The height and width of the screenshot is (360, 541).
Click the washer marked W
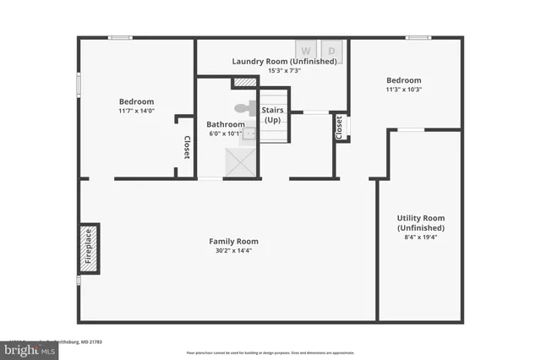306,51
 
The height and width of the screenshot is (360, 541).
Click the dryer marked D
331,51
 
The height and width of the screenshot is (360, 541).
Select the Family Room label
233,241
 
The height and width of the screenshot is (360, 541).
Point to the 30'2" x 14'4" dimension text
233,250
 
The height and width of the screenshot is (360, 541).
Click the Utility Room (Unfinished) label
420,223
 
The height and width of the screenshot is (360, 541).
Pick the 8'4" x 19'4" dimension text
420,237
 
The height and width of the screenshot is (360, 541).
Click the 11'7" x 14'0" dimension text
136,111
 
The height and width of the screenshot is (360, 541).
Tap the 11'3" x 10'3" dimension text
404,90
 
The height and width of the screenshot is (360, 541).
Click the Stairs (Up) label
272,115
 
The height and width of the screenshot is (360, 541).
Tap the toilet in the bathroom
244,108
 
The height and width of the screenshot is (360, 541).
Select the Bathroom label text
225,124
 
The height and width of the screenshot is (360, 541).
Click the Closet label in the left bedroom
187,148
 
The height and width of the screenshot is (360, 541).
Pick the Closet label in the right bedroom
340,128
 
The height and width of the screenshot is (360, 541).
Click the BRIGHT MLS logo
29,349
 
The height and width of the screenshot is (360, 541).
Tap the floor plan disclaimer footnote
270,352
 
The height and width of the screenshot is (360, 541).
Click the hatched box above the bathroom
244,82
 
